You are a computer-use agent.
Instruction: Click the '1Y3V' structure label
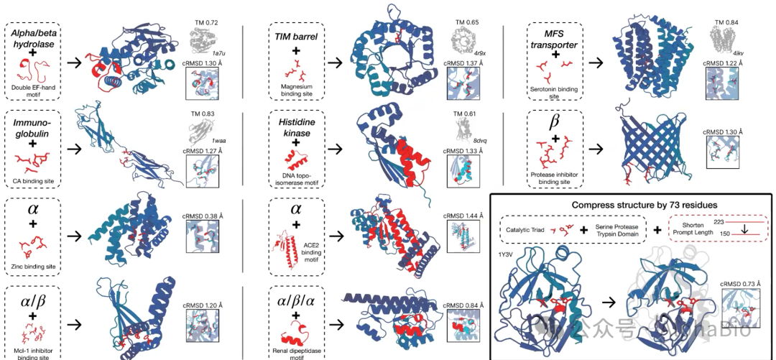click(506, 254)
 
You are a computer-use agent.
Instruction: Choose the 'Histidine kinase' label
click(297, 129)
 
